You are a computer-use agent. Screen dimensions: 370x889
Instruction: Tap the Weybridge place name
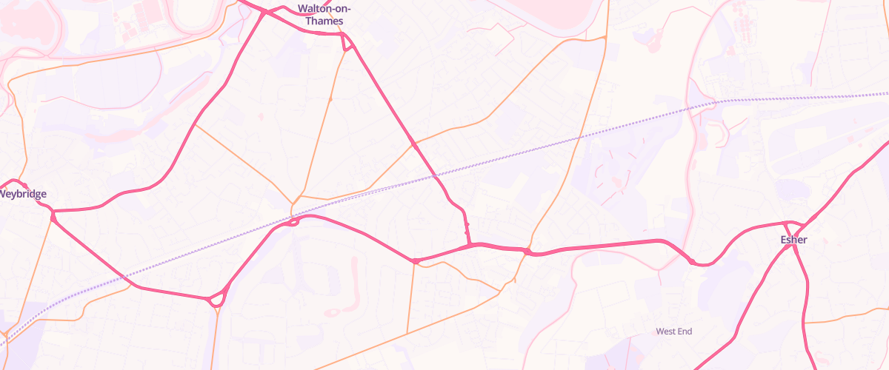point(22,194)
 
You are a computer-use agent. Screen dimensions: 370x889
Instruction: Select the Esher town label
point(793,240)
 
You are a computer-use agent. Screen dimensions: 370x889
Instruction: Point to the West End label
point(673,332)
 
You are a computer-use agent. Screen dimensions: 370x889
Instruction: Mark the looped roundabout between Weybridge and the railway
point(216,300)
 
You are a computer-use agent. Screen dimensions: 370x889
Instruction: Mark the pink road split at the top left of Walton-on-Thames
point(264,11)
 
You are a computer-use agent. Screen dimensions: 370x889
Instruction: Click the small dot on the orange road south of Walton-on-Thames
point(330,98)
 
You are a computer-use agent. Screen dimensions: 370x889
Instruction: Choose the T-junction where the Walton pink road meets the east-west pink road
point(470,243)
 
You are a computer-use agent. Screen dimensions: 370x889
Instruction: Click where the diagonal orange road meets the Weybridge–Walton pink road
point(195,124)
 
